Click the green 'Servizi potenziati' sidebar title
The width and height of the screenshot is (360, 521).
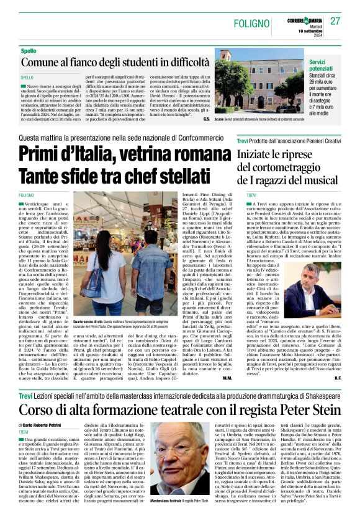point(325,66)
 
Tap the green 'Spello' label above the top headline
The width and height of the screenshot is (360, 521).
point(29,50)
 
